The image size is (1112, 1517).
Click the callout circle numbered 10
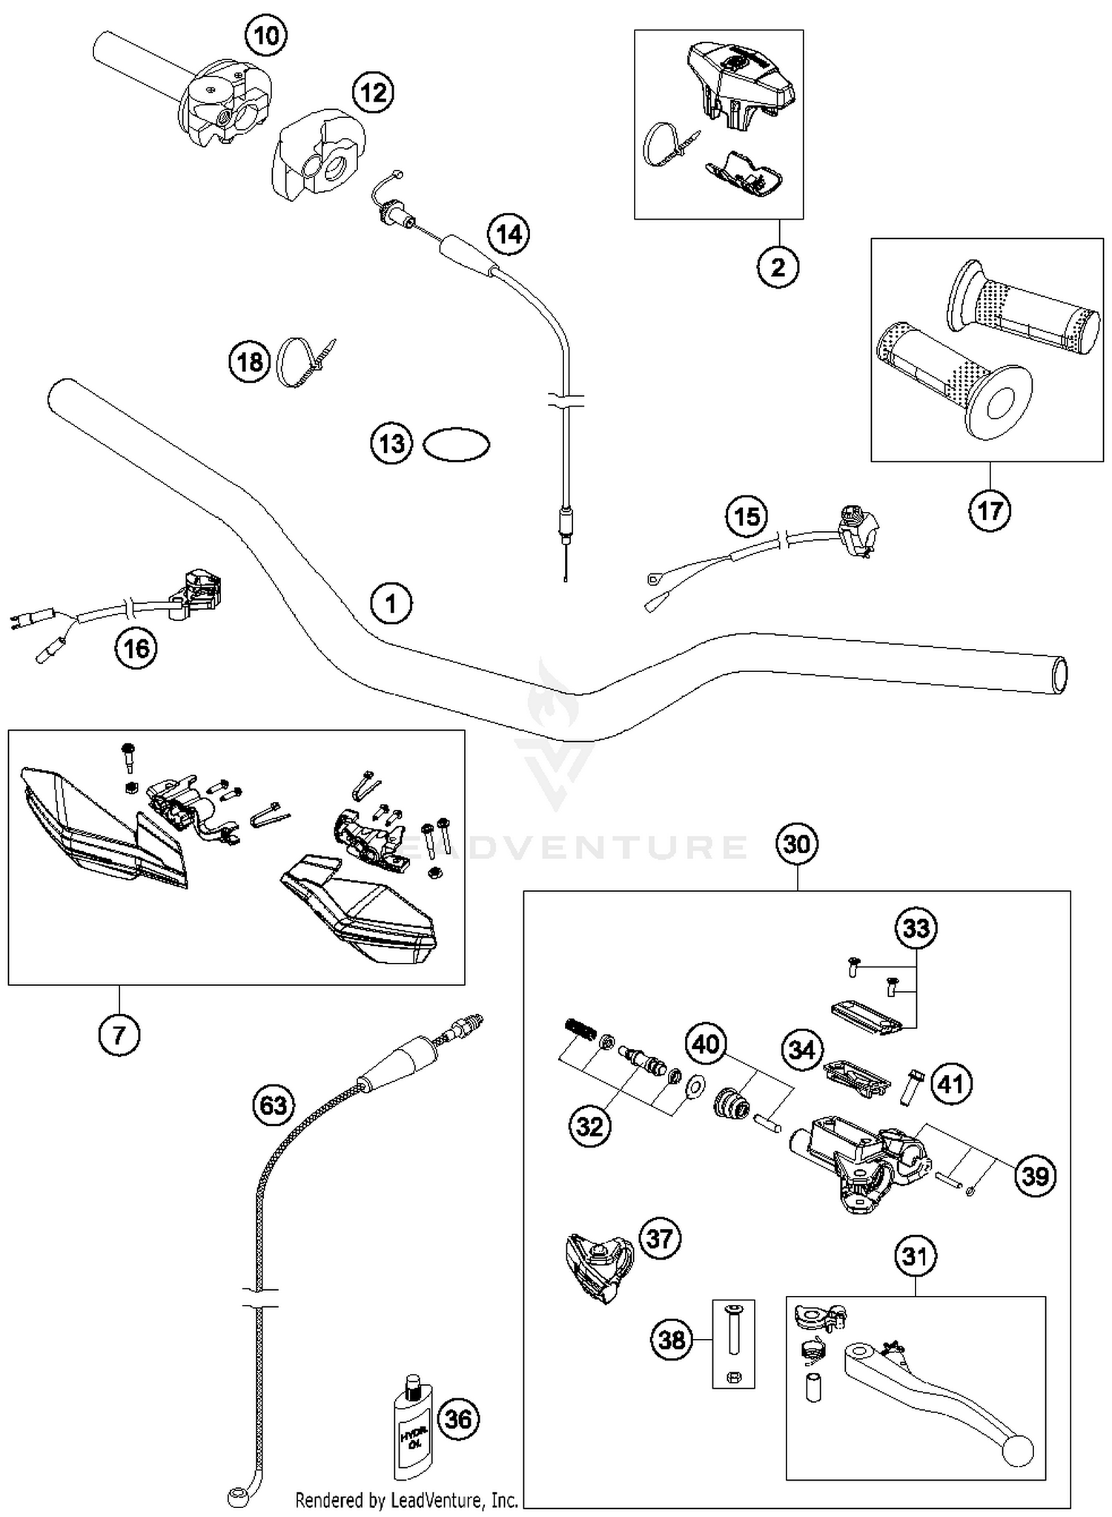266,35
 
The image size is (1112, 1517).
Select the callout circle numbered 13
391,444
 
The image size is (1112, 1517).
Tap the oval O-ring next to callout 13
456,444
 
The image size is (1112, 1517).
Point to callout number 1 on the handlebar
391,604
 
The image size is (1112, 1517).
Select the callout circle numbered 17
990,510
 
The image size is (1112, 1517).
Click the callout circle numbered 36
459,1418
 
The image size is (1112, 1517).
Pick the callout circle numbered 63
273,1105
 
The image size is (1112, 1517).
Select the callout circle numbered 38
672,1340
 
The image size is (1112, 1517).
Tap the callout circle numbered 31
916,1256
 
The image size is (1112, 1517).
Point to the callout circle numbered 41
950,1084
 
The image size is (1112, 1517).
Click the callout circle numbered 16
136,648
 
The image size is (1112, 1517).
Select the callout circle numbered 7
119,1033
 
